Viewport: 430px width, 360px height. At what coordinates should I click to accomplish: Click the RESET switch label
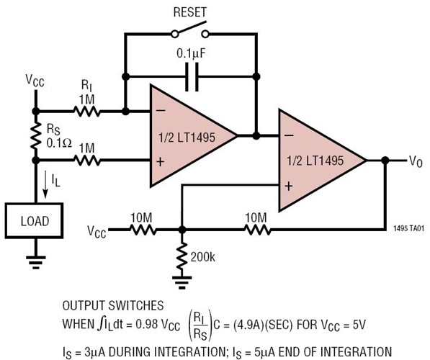coord(190,12)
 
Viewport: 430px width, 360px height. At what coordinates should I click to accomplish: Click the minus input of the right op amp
coord(288,135)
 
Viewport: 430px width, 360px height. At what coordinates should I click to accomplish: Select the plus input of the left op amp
coord(159,162)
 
